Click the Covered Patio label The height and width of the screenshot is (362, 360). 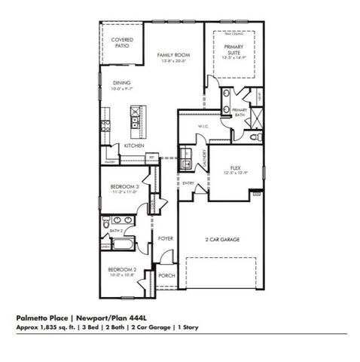pos(122,42)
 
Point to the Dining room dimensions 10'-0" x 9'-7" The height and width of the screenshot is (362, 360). pos(122,89)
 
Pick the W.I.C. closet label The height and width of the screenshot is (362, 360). pos(203,127)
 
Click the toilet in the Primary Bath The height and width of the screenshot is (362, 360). pos(254,137)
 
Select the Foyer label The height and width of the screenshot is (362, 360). pos(166,238)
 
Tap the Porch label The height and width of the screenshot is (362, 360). pos(166,276)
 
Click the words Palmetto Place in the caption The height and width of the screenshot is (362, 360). pos(41,318)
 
